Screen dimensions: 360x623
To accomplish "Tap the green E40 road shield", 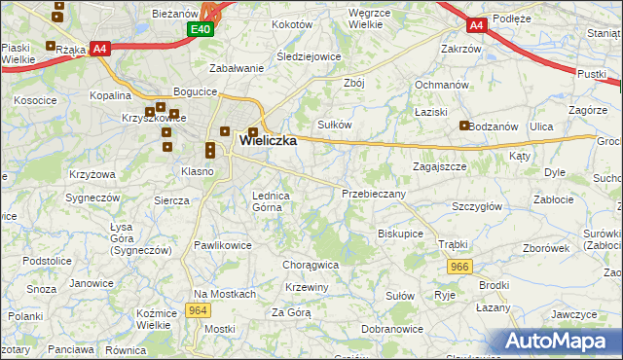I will coord(200,30).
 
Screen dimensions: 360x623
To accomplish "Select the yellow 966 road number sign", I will coord(460,266).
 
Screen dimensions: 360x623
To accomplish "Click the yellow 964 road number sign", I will coord(198,310).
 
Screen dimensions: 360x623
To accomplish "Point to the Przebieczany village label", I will coord(374,194).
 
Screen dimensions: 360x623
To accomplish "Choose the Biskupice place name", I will coord(400,234).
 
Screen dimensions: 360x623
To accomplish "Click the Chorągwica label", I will coord(311,264).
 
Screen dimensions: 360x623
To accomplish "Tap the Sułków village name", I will coord(335,125).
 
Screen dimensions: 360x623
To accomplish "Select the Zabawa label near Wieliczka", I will coord(238,68).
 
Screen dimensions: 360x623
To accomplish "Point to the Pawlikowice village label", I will coord(223,245).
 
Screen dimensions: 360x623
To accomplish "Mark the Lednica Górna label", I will coord(273,200).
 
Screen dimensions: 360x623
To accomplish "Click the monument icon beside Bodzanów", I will coord(465,126).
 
